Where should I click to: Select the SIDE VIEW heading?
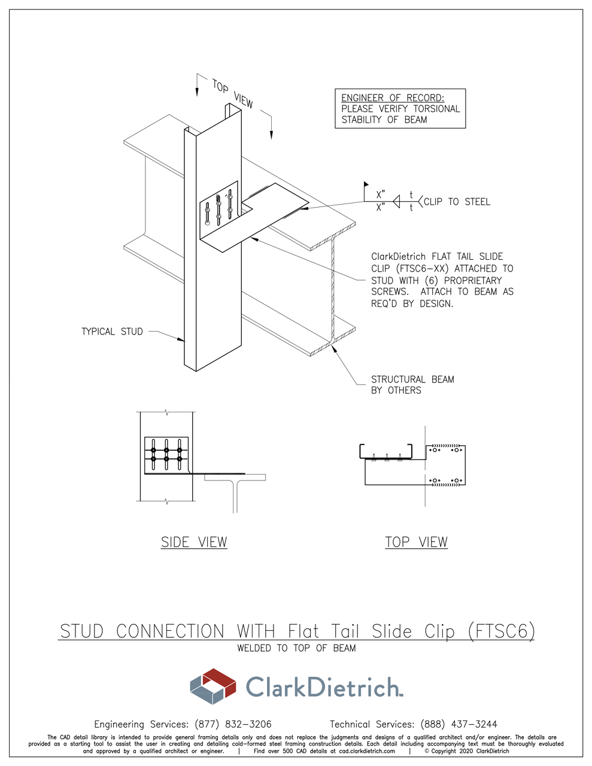194,542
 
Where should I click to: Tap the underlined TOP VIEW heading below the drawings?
416,542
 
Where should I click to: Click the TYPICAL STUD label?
112,332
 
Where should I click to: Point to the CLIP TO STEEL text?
457,202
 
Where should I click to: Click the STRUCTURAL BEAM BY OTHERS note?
412,385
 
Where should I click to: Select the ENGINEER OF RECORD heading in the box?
393,98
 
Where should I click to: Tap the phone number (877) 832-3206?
233,724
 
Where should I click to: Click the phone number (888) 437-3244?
459,724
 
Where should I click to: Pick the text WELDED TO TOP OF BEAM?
296,648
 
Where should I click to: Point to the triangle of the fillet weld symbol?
396,202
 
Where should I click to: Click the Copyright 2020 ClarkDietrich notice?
467,751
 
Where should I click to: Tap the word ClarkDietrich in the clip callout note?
398,257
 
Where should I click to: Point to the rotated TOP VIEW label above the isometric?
233,94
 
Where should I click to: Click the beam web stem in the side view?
235,497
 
